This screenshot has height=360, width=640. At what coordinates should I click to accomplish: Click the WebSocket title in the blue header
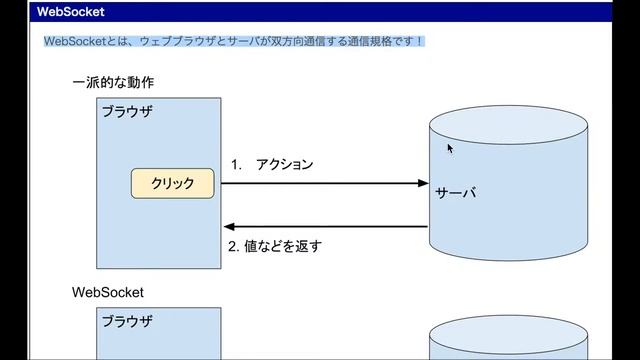click(71, 12)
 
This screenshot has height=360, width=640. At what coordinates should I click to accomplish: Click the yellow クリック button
click(172, 184)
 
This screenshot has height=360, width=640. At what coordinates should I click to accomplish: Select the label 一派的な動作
click(113, 82)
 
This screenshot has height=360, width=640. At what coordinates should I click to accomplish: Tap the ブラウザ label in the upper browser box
click(127, 111)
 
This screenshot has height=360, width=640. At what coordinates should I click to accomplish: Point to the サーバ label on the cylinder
click(455, 192)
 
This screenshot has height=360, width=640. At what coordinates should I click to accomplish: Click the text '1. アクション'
click(272, 164)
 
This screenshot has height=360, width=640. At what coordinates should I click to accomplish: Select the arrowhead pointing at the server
click(423, 183)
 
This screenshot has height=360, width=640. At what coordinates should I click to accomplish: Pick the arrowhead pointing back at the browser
click(228, 226)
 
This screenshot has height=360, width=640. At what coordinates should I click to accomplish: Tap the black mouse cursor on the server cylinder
click(450, 148)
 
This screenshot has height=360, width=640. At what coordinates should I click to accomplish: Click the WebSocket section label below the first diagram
click(108, 293)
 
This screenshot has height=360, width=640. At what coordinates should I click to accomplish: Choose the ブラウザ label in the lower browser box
click(127, 321)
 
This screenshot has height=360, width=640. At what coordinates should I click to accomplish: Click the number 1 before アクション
click(235, 164)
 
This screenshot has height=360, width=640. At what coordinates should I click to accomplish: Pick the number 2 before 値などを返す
click(233, 245)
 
